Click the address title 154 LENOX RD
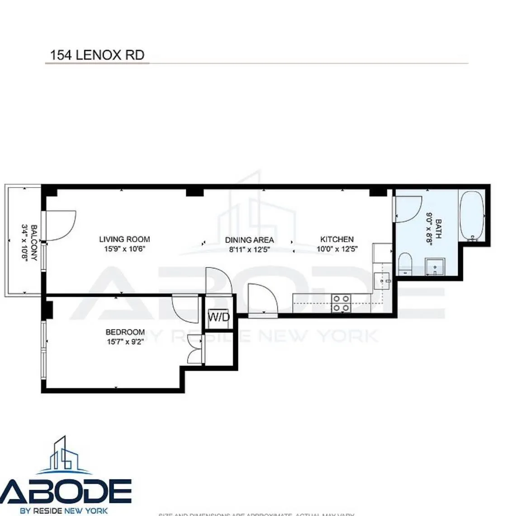[x=97, y=55]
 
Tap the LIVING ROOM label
[x=124, y=239]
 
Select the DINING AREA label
[x=249, y=240]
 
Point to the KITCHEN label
[x=337, y=239]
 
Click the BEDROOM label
[x=125, y=332]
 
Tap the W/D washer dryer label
[x=218, y=317]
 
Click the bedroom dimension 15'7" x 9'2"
[x=125, y=342]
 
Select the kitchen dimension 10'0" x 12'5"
[x=337, y=249]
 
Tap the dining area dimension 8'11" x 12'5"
[x=249, y=249]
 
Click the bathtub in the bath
[x=472, y=216]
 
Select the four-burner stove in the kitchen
[x=341, y=303]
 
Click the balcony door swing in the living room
[x=60, y=226]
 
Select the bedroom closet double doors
[x=195, y=351]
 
